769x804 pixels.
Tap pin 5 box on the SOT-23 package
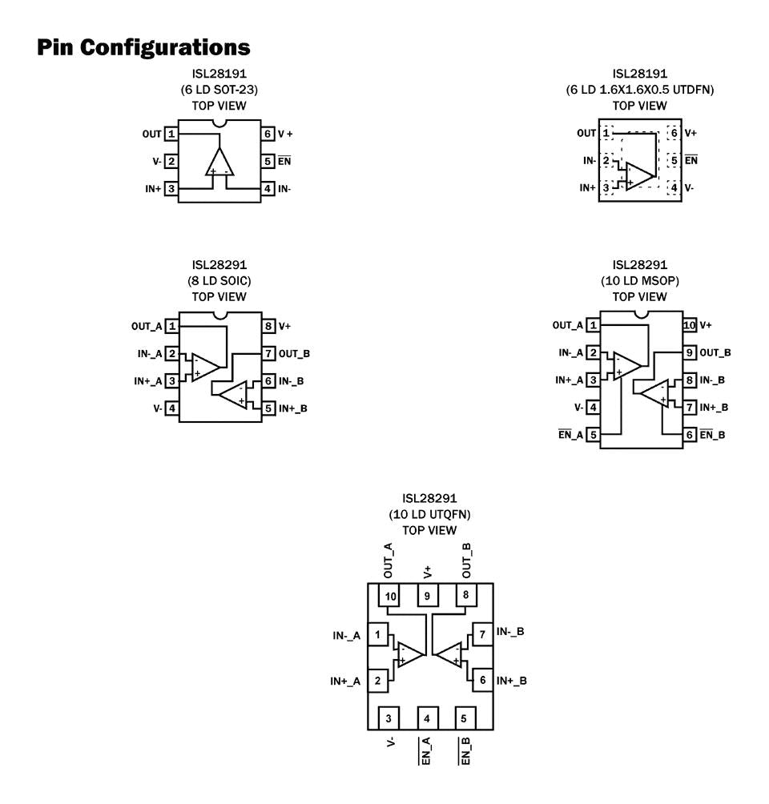click(x=268, y=161)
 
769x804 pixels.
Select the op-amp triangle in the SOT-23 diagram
click(x=219, y=162)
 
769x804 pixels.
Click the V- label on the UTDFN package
click(x=690, y=187)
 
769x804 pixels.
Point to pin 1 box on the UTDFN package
click(x=606, y=133)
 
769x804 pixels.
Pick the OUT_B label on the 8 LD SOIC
click(x=295, y=353)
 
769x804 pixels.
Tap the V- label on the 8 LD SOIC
click(x=157, y=408)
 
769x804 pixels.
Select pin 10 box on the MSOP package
click(x=689, y=325)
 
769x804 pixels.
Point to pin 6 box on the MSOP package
click(x=689, y=435)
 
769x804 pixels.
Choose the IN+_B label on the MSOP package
click(x=713, y=408)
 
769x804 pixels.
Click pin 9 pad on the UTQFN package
click(x=427, y=596)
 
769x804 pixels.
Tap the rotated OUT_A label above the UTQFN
click(x=389, y=560)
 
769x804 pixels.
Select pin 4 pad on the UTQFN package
click(x=427, y=718)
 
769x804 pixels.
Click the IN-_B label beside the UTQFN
click(x=510, y=631)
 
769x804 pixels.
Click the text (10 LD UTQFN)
click(x=429, y=514)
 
